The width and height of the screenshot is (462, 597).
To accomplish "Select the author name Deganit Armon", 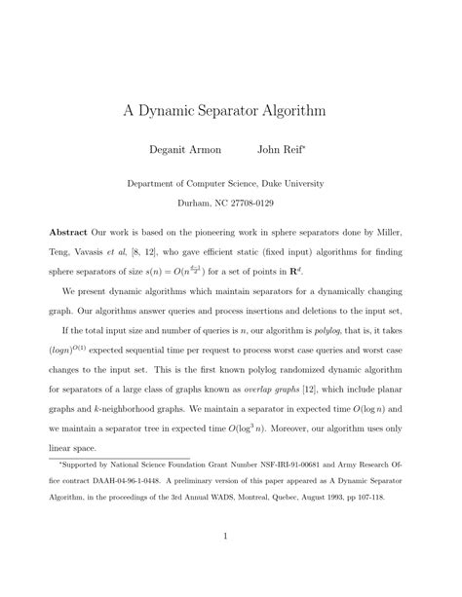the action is tap(185, 150).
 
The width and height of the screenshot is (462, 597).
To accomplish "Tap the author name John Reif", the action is tap(283, 150).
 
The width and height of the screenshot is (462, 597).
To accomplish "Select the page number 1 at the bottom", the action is tap(224, 562).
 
